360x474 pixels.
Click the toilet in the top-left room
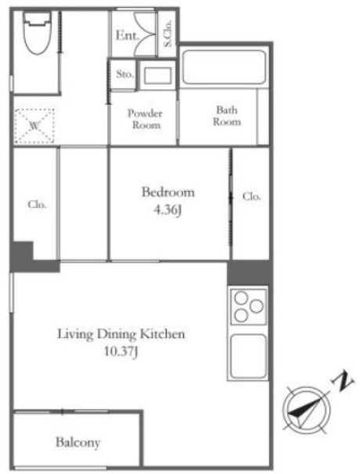coord(37,33)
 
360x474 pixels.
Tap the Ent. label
coord(128,36)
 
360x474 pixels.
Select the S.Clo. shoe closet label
coord(167,34)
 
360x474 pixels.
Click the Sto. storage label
coord(124,74)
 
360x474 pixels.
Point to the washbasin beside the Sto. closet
coord(157,75)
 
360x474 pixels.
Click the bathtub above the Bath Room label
coord(224,66)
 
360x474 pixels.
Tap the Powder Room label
coord(146,119)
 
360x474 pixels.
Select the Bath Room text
coord(227,116)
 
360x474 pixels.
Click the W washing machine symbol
coord(34,126)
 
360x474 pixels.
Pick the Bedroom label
coord(168,192)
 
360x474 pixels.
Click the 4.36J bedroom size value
coord(167,210)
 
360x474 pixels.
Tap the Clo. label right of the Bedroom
coord(251,196)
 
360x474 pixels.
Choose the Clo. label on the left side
coord(37,204)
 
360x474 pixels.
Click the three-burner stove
coord(248,307)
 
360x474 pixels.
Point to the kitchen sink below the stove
coord(248,356)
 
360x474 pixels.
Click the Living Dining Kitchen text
coord(121,334)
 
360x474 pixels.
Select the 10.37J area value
coord(121,352)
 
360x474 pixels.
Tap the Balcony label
coord(77,443)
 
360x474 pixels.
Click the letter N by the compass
coord(343,382)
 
